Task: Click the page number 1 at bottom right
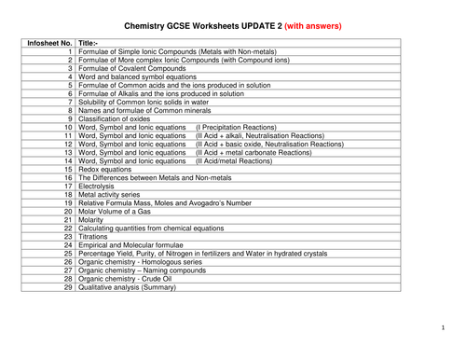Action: pos(444,328)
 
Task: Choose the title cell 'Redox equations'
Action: pos(106,169)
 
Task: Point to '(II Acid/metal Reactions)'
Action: pos(234,160)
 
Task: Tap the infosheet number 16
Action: pos(67,177)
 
